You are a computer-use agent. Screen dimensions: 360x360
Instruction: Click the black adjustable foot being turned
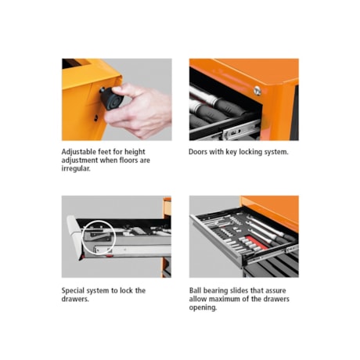tap(112, 99)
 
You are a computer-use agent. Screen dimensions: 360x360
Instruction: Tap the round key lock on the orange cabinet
tap(257, 90)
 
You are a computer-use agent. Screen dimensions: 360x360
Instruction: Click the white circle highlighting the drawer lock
tap(99, 237)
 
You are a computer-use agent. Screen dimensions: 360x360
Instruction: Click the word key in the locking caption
tap(232, 152)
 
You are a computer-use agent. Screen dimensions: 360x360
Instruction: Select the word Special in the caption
tap(73, 291)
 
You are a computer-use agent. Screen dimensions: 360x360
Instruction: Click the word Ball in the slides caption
tap(195, 290)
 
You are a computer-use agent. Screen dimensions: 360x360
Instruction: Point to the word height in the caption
tap(135, 152)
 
